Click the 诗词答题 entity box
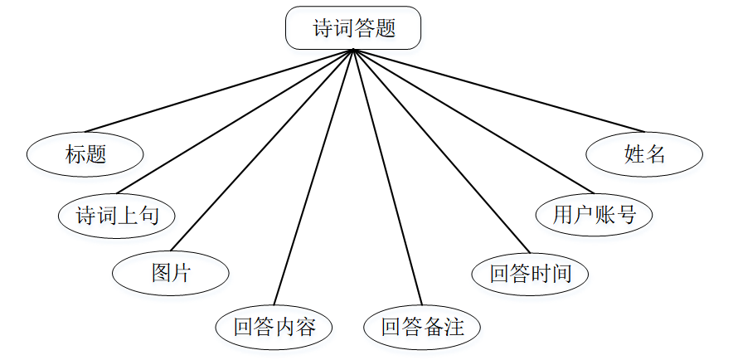tap(353, 28)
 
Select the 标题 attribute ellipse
tap(85, 154)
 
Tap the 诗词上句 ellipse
tap(118, 216)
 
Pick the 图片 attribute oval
tap(171, 273)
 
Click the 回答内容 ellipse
tap(274, 326)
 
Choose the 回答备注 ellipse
tap(422, 326)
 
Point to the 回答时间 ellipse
tap(530, 274)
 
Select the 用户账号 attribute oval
tap(595, 215)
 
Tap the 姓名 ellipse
tap(644, 154)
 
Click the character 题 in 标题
tap(96, 154)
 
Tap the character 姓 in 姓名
tap(634, 154)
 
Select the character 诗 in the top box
tap(323, 29)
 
